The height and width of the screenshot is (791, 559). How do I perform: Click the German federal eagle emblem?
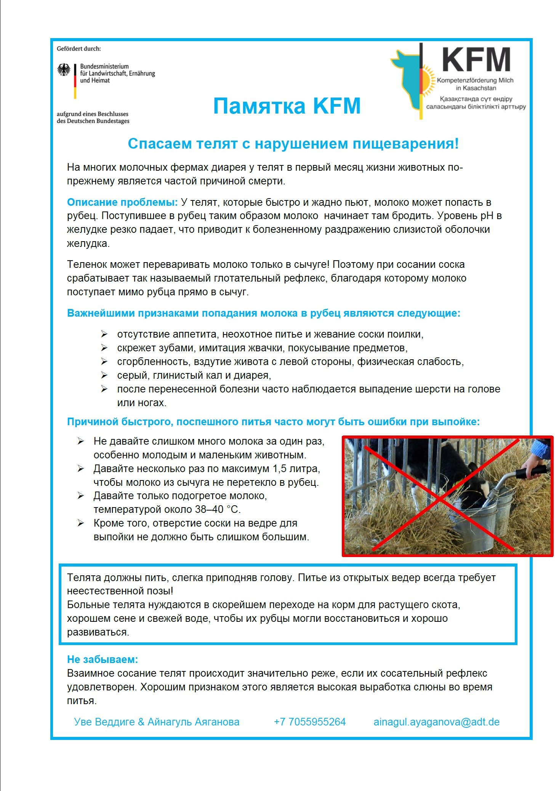64,70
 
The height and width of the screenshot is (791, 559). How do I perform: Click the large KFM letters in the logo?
476,60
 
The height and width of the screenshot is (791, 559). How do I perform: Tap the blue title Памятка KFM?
287,106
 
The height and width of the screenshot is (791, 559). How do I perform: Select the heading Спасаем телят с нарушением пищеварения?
293,144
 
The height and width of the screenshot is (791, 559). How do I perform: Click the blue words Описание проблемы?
122,202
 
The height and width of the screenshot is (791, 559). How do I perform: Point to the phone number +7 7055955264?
309,722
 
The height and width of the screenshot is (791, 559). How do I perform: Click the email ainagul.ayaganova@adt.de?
436,722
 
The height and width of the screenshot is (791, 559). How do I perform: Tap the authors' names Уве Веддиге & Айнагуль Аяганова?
157,722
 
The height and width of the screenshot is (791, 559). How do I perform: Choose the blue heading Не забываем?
103,660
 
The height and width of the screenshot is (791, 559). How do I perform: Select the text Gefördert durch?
79,49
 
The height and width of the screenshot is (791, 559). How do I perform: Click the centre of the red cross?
440,498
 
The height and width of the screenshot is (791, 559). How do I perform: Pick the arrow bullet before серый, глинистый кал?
104,375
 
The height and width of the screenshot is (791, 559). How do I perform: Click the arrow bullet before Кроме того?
81,523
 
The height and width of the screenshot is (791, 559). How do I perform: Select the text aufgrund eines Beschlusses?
93,114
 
